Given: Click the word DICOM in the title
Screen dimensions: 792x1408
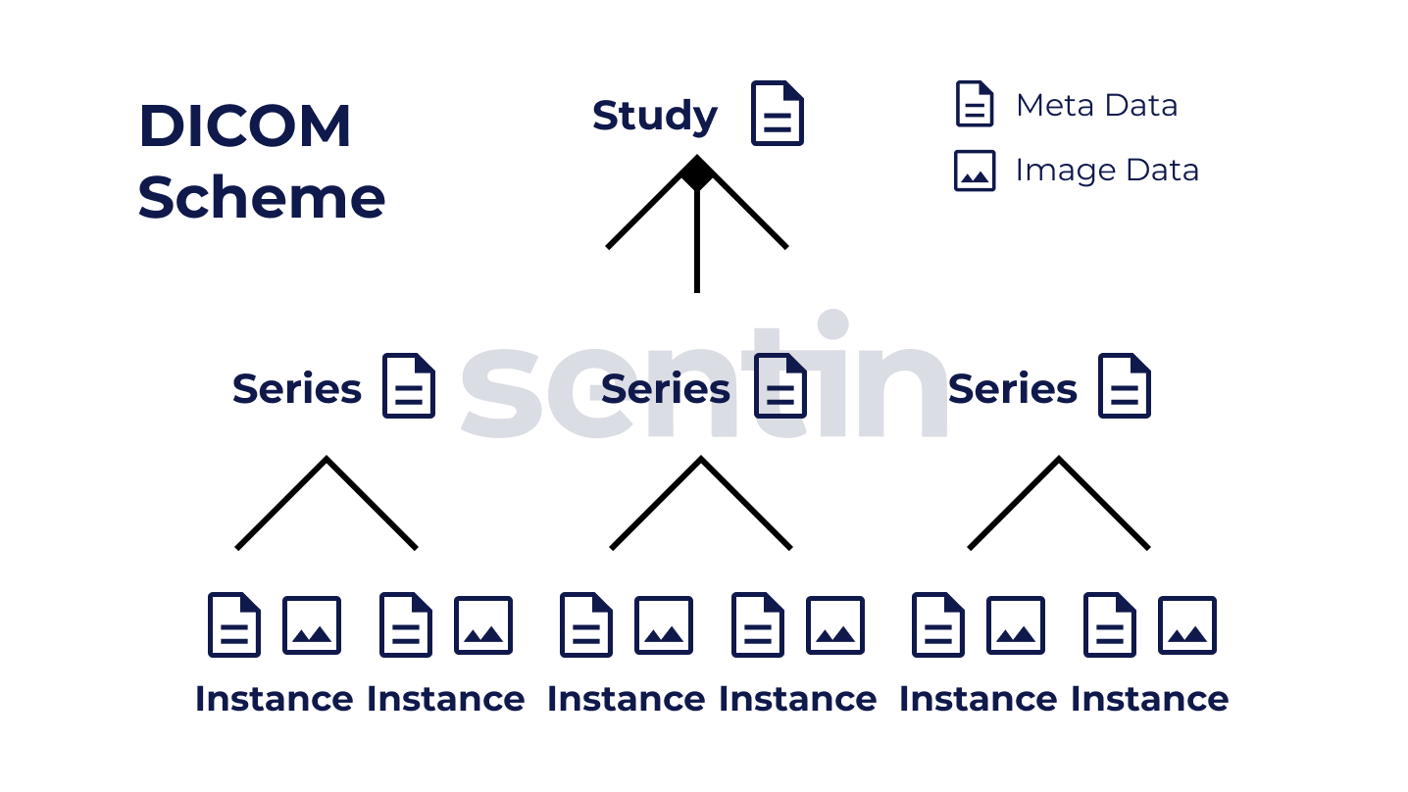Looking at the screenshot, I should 244,126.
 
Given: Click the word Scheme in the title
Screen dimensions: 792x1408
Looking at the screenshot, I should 261,197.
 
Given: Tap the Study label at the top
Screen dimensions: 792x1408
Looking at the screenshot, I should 655,116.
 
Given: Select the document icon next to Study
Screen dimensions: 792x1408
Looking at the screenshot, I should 778,114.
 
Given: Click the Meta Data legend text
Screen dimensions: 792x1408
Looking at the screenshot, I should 1096,105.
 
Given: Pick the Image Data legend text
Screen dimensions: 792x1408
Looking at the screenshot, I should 1107,170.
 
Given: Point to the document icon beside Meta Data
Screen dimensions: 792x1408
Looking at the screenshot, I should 975,104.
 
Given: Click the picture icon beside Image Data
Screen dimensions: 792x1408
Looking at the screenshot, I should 975,171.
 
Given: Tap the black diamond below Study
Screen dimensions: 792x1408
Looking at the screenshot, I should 696,174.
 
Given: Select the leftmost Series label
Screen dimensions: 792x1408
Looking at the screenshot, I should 296,389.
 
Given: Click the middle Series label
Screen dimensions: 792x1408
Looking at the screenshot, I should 665,389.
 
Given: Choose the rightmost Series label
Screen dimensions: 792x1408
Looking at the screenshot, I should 1012,389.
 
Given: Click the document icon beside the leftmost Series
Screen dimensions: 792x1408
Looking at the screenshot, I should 408,386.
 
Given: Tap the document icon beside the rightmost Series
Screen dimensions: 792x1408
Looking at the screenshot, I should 1125,386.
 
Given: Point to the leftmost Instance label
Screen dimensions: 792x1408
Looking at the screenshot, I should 274,699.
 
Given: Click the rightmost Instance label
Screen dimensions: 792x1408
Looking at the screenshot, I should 1149,699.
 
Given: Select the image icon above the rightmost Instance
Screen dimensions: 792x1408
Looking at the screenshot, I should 1187,625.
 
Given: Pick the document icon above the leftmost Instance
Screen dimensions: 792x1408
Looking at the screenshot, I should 234,624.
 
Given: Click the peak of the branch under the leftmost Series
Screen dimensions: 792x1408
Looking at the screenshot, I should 327,459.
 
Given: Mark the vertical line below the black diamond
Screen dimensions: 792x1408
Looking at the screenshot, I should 696,245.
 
